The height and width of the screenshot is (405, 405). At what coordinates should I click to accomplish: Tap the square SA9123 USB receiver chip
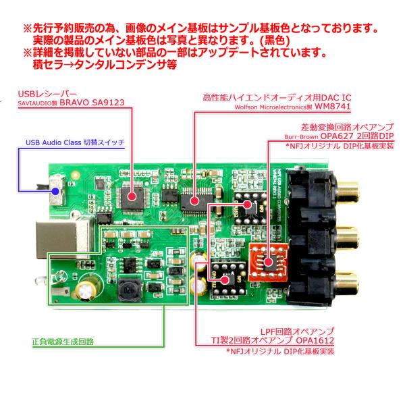[x=134, y=196]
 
